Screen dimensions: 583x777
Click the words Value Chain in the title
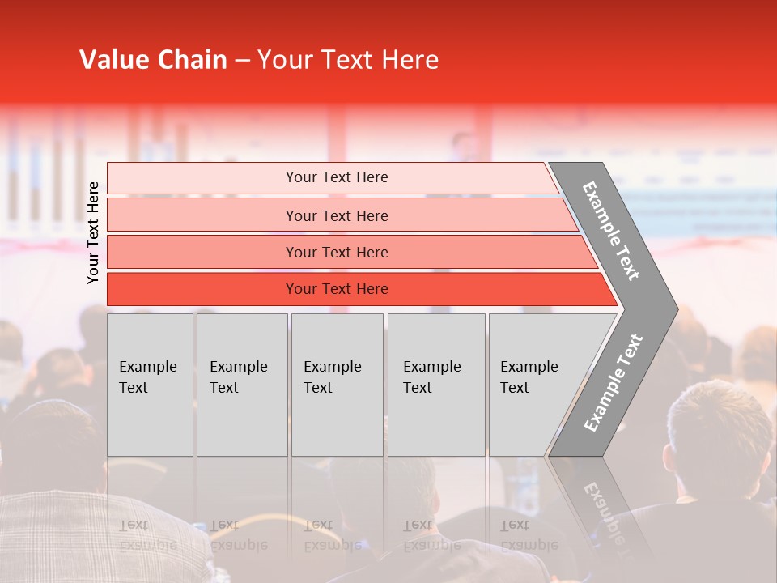point(153,60)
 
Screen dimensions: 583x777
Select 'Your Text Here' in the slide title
point(348,60)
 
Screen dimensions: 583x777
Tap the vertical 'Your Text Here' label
point(93,232)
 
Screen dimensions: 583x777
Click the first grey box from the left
point(150,385)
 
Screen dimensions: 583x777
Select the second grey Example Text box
point(241,385)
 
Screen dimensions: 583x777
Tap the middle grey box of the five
point(337,385)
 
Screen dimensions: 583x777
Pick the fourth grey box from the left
point(435,385)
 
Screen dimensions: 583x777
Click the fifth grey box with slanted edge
point(534,385)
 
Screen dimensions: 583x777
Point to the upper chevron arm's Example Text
point(611,231)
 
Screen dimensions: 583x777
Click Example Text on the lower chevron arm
point(613,383)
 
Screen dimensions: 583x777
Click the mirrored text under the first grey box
point(147,534)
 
